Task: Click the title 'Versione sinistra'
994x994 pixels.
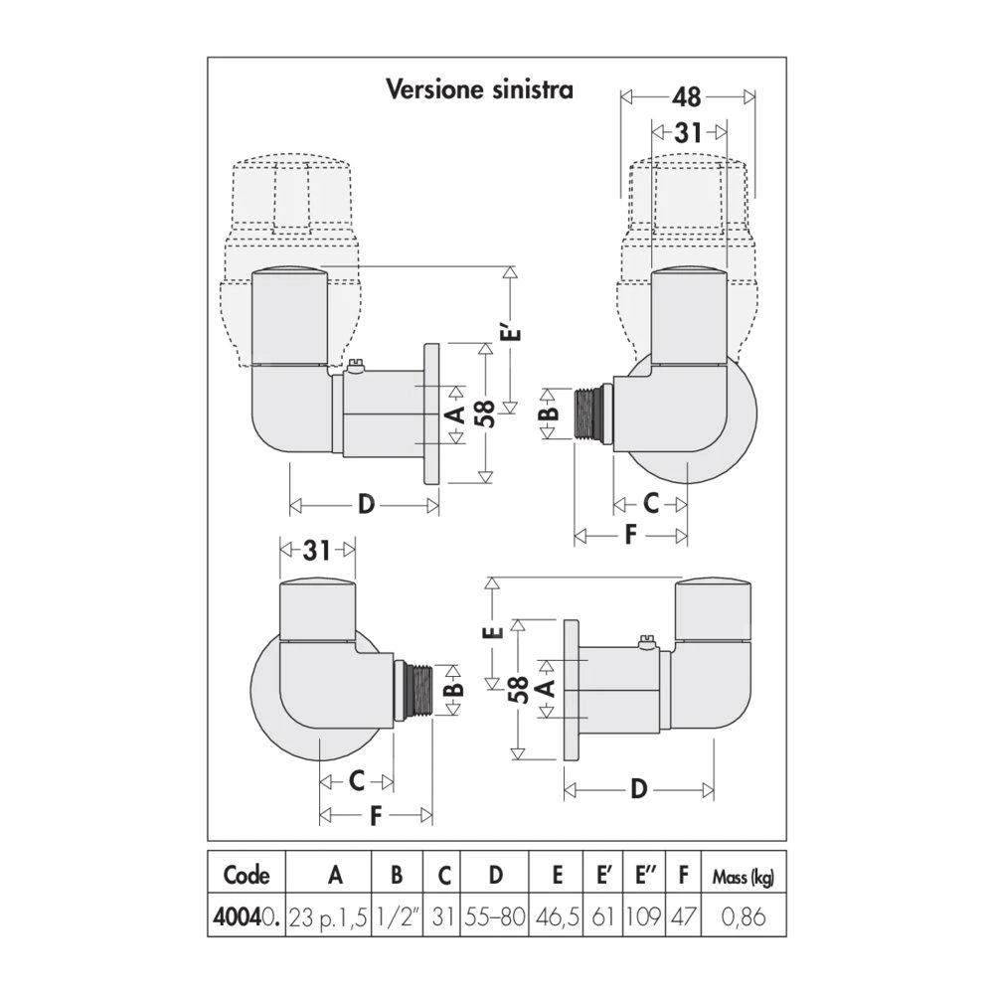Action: point(479,89)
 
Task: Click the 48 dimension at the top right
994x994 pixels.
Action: point(687,97)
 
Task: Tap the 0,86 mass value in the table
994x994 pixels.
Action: point(744,916)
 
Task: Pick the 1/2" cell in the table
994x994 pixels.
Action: point(397,916)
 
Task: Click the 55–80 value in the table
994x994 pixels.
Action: point(495,916)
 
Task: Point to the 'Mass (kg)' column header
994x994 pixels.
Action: point(744,877)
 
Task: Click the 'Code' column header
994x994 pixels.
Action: point(247,876)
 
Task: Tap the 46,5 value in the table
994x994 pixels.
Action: point(558,916)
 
